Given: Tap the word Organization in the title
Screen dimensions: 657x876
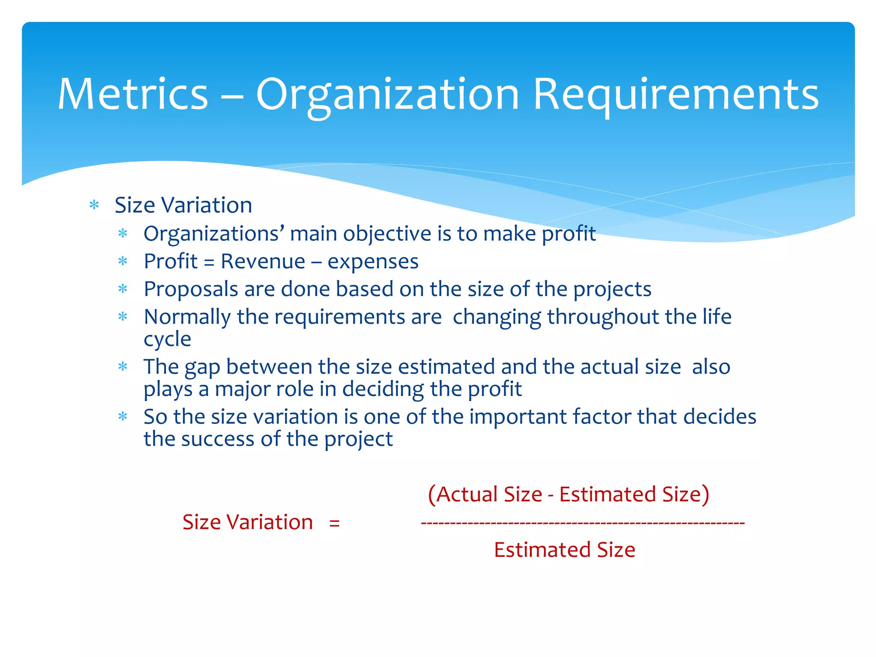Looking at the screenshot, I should pos(387,95).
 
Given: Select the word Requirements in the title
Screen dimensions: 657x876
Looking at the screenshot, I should pos(675,95).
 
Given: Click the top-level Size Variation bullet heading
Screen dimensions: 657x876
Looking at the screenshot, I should pos(183,205).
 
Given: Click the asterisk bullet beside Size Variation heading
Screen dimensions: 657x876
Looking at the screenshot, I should pos(94,206).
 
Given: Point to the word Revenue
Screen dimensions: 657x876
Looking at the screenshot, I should pos(263,261).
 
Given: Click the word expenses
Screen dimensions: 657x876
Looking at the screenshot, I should pos(373,261).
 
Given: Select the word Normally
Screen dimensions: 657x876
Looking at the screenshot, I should pos(187,317).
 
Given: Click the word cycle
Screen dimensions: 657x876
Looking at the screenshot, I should pos(167,340).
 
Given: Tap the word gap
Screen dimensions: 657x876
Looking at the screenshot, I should pos(202,368).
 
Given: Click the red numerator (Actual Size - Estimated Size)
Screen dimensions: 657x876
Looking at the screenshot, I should pos(568,494).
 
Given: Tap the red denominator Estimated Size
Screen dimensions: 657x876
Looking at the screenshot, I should pos(564,550).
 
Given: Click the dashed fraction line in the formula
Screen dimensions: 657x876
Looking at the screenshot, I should pos(583,523).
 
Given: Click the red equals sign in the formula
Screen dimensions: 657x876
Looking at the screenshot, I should pos(334,523).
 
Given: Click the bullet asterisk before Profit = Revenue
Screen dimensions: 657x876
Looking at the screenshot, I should pos(123,262).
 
